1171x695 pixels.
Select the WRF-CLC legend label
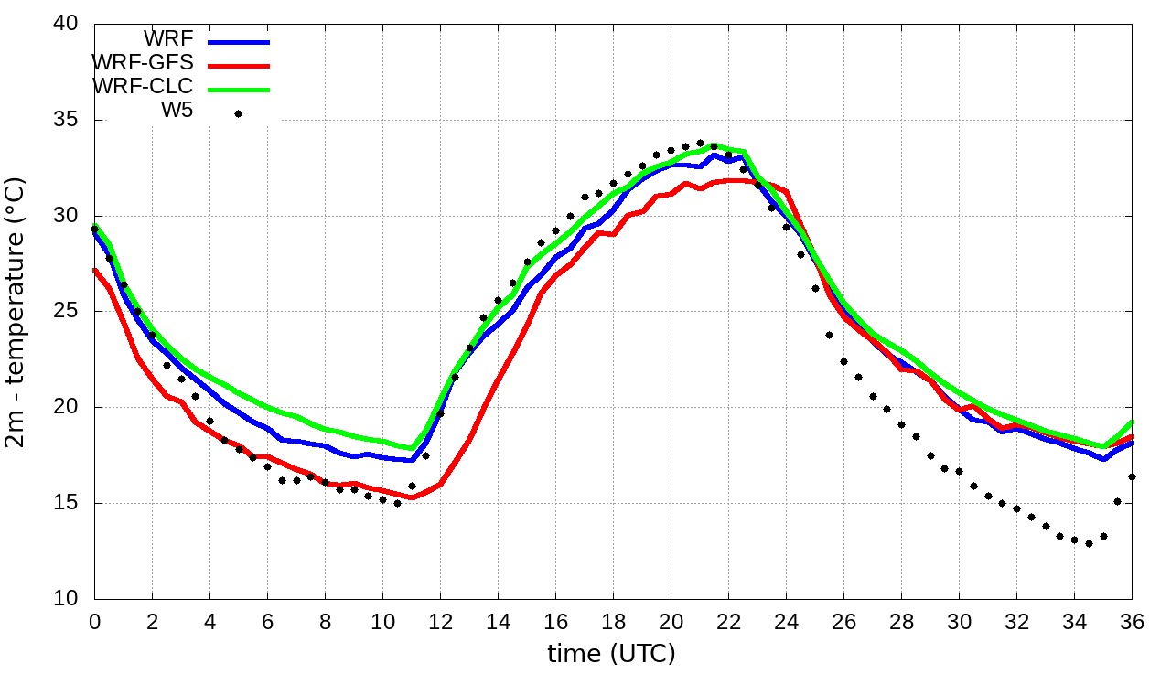pos(143,87)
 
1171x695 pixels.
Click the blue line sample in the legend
pos(239,41)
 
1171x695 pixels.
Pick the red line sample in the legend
pos(239,65)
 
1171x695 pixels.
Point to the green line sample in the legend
pos(239,89)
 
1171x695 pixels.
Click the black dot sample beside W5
pos(238,113)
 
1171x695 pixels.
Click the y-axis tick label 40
pos(66,25)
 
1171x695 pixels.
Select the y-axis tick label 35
pos(66,121)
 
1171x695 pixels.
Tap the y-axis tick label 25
pos(66,312)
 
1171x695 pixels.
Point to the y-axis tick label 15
pos(66,503)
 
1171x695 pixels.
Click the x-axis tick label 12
pos(440,621)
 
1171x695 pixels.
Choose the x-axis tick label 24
pos(786,621)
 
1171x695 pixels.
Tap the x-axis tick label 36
pos(1132,621)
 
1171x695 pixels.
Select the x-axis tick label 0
pos(94,621)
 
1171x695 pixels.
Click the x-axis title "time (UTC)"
pos(611,654)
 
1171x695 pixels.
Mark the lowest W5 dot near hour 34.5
pos(1089,543)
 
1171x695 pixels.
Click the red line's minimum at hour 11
pos(412,497)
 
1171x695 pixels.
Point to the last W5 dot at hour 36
pos(1132,476)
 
